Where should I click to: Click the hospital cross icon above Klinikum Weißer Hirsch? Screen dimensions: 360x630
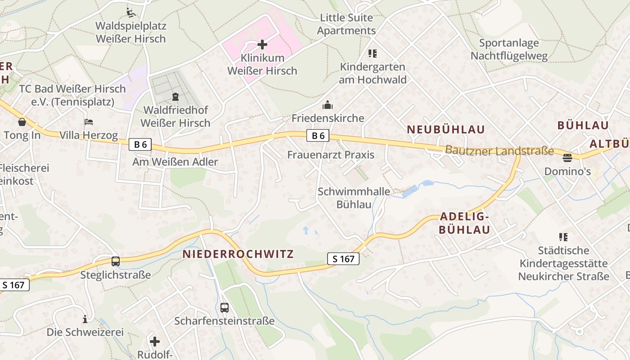(x=262, y=45)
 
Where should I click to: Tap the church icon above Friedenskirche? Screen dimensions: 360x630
(x=327, y=105)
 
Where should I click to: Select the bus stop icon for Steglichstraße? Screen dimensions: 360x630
(x=116, y=261)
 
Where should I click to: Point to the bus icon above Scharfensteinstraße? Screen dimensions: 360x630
(x=224, y=308)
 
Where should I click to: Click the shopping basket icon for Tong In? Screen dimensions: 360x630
(x=22, y=122)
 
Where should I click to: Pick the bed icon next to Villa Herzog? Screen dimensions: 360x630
(x=88, y=122)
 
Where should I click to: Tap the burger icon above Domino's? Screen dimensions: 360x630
(x=567, y=158)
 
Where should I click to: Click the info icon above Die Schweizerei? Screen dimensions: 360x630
(x=85, y=319)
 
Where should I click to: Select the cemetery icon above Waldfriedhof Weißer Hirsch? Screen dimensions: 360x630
(x=175, y=97)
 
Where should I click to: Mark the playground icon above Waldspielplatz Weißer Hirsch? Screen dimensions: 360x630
(x=130, y=12)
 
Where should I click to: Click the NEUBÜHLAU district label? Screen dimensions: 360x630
(x=446, y=130)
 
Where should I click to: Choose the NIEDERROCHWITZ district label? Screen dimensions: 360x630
(x=238, y=254)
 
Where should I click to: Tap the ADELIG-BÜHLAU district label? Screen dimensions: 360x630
(x=464, y=223)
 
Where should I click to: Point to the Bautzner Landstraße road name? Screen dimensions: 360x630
(x=499, y=151)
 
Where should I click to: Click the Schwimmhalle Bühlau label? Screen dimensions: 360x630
(x=354, y=198)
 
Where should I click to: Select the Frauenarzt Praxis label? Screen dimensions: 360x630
(x=331, y=155)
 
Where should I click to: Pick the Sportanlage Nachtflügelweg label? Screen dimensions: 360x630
(x=509, y=49)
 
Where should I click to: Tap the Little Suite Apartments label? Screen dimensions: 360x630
(x=346, y=24)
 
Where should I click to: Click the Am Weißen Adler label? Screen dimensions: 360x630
(x=175, y=162)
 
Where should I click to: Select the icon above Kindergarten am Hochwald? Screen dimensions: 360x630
(x=372, y=54)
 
